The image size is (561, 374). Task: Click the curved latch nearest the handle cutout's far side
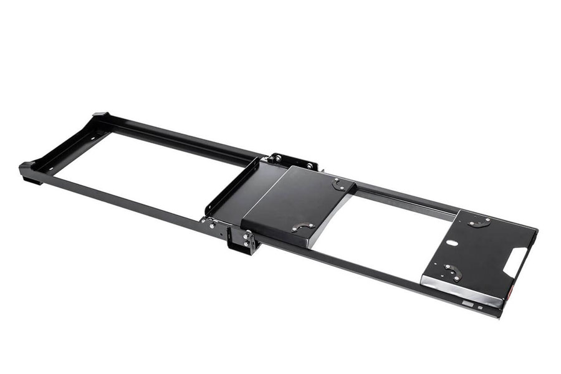click(x=479, y=221)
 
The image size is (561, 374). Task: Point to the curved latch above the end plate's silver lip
click(x=452, y=272)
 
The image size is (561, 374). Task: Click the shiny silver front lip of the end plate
click(x=461, y=290)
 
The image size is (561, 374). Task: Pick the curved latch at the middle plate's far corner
click(x=340, y=184)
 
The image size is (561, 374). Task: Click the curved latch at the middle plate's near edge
click(x=302, y=228)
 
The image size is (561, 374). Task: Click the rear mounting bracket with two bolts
click(x=293, y=161)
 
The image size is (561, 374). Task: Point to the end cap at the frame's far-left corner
click(x=28, y=170)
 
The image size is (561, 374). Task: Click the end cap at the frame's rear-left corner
click(x=100, y=116)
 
